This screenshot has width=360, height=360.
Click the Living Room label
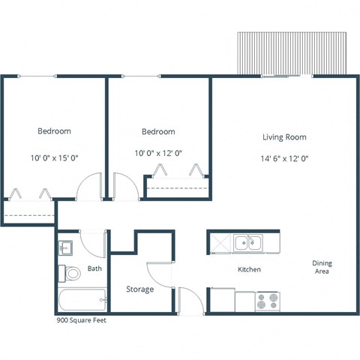(284, 137)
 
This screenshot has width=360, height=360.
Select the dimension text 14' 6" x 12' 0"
(284, 158)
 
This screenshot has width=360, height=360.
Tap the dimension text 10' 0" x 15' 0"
(54, 158)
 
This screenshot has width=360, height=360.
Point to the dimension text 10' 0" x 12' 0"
(158, 152)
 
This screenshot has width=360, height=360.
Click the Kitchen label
(249, 269)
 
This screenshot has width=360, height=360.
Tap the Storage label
(139, 289)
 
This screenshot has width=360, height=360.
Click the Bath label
(94, 268)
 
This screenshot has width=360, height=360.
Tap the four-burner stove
(266, 301)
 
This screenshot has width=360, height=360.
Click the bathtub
(82, 301)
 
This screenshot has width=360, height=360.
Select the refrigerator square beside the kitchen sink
(220, 242)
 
